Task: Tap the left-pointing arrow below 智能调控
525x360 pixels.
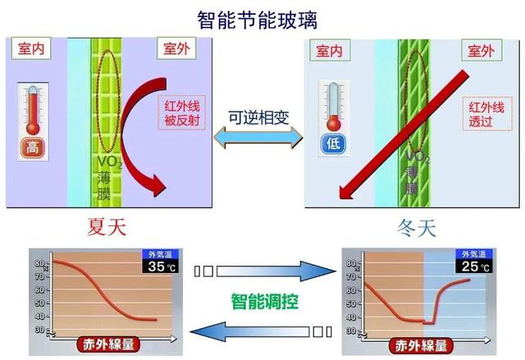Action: [x=254, y=331]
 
